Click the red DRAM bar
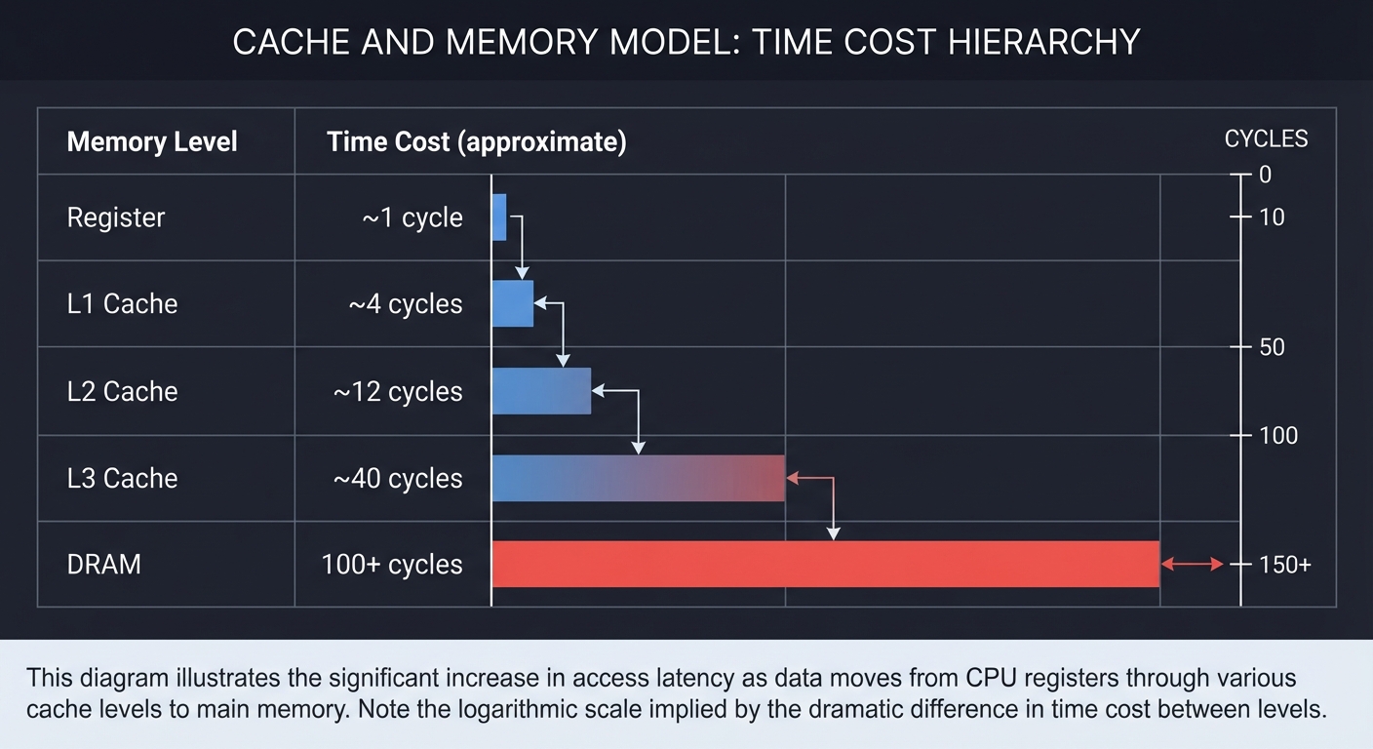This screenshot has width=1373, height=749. (x=825, y=564)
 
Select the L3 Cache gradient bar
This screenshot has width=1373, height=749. (x=638, y=478)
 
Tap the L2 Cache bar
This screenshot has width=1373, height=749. (x=541, y=391)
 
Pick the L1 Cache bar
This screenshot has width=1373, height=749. (x=512, y=303)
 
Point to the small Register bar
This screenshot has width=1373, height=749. (x=499, y=217)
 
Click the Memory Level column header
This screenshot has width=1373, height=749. (x=152, y=141)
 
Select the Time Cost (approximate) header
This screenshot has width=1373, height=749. (x=476, y=141)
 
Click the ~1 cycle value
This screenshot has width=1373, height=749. (x=412, y=217)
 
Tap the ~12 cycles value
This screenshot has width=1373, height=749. (x=398, y=391)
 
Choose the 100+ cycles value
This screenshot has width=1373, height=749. (x=392, y=565)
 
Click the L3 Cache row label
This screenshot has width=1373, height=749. (x=122, y=478)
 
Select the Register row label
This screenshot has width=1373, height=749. (x=115, y=217)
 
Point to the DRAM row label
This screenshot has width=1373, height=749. (x=103, y=565)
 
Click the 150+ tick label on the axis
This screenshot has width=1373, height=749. (x=1284, y=565)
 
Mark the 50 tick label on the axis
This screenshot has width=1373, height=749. (x=1272, y=347)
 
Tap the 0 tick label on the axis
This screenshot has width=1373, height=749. (x=1265, y=175)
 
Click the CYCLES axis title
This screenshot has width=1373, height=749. (x=1266, y=139)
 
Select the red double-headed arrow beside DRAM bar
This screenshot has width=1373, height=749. (x=1192, y=564)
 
